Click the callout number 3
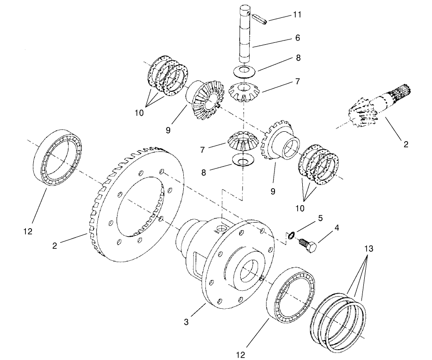tap(187, 322)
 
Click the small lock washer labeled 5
tap(291, 235)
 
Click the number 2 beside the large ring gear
tap(56, 245)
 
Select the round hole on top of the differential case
tap(220, 229)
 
